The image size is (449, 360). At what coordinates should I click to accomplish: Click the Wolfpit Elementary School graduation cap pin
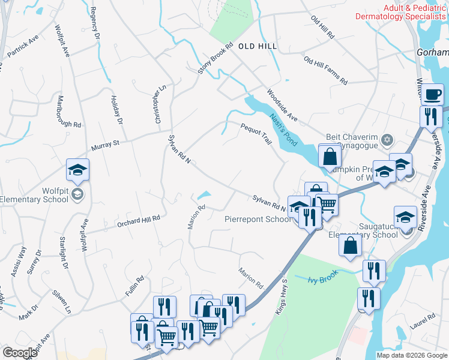tap(78, 171)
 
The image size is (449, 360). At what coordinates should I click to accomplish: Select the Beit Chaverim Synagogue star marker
tap(387, 140)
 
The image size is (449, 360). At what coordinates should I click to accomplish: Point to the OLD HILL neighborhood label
tap(259, 46)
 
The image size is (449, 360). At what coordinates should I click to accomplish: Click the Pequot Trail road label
tap(257, 133)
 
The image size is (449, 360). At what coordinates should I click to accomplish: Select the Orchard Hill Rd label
tap(139, 220)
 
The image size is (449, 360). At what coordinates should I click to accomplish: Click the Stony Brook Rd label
tap(215, 59)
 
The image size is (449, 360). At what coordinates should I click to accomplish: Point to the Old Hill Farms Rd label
tap(325, 70)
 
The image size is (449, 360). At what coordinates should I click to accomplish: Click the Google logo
tap(19, 352)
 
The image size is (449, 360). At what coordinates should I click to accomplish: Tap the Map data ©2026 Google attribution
tap(412, 355)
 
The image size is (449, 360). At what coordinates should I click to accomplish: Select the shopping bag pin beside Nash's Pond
tap(330, 158)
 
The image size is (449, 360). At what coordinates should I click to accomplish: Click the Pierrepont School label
tap(258, 219)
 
